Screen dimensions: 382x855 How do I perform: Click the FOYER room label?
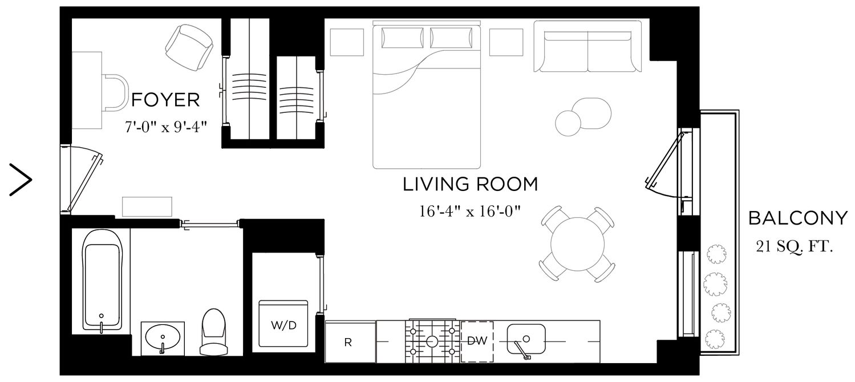[165, 100]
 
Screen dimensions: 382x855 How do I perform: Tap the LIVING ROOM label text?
[470, 185]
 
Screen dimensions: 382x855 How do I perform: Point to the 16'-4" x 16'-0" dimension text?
[471, 212]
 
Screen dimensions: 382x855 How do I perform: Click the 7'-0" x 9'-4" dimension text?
[165, 127]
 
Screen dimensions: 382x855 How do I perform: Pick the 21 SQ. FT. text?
[793, 247]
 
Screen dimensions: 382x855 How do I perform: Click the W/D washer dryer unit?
[283, 324]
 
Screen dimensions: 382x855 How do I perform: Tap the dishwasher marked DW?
[477, 342]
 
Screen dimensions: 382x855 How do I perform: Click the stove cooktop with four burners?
[432, 341]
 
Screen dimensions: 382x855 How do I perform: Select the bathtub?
[102, 279]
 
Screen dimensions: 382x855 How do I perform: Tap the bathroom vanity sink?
[163, 338]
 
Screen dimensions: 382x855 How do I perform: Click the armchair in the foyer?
[189, 47]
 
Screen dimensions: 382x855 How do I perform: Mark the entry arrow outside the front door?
[21, 180]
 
